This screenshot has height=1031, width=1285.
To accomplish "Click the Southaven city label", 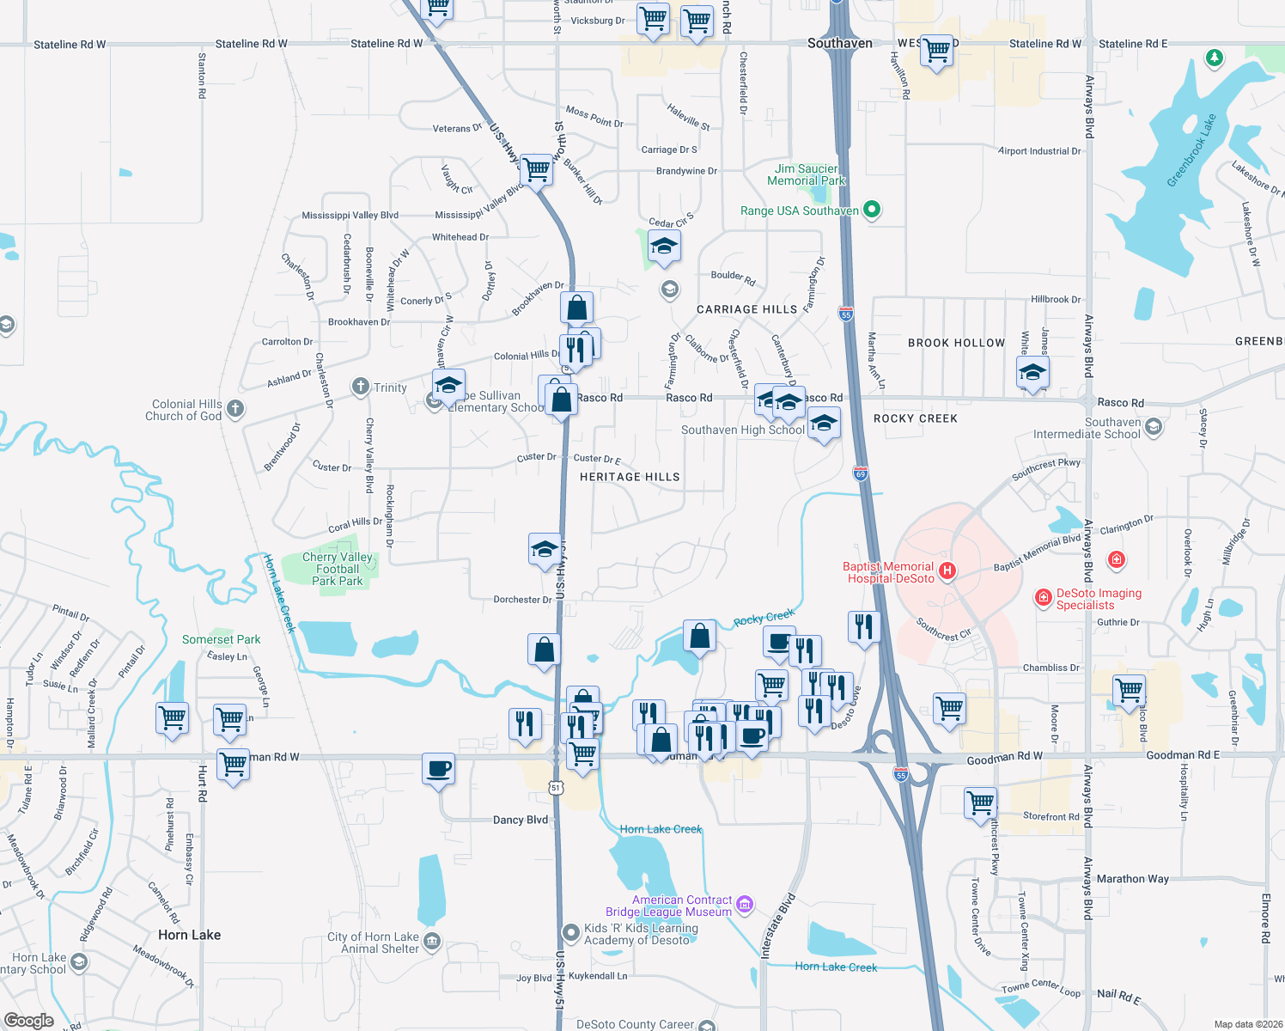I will [x=839, y=43].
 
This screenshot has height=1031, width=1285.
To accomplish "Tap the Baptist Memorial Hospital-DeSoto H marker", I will [x=947, y=570].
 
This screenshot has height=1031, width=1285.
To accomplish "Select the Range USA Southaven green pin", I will [x=872, y=210].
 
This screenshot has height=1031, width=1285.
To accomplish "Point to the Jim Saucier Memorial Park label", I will [x=806, y=175].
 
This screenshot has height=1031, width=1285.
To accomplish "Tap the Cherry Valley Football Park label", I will [x=338, y=569].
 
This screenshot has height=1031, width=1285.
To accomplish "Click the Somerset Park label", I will [x=221, y=639].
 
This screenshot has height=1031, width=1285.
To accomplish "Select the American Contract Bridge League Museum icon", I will [x=745, y=904].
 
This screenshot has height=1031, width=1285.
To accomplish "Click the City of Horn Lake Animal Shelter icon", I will [x=432, y=942].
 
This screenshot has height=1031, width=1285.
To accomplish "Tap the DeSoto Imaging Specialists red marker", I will [x=1044, y=598].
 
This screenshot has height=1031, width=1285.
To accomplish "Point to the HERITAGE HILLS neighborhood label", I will [x=630, y=477].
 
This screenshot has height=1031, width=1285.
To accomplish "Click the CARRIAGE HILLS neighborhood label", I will [x=746, y=309].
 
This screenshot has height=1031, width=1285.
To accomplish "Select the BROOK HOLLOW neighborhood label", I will [x=956, y=343].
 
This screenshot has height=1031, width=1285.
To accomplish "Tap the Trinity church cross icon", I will [x=361, y=387].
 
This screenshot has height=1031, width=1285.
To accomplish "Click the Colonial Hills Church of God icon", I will [x=235, y=409].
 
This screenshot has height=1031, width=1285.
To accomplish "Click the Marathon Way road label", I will [x=1132, y=879].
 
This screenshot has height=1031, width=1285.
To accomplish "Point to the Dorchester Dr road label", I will [x=522, y=600].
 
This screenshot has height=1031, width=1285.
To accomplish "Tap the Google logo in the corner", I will [x=28, y=1020].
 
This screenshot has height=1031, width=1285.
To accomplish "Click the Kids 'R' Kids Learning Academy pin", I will [x=570, y=932].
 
